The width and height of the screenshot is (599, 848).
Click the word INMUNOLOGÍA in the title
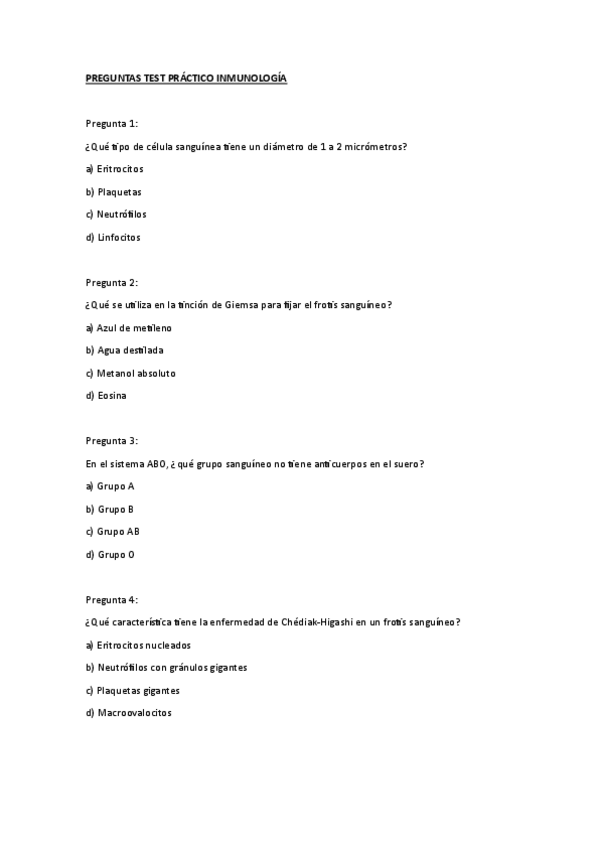pyautogui.click(x=251, y=77)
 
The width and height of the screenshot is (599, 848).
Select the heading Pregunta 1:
pyautogui.click(x=111, y=123)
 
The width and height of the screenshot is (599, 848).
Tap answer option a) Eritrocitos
pyautogui.click(x=115, y=169)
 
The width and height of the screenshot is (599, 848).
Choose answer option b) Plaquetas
pyautogui.click(x=114, y=192)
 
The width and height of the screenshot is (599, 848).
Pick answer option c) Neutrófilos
pyautogui.click(x=118, y=215)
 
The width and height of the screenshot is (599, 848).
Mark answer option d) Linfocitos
pyautogui.click(x=113, y=238)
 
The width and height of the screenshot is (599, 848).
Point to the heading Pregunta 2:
pyautogui.click(x=111, y=282)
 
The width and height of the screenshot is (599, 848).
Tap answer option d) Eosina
pyautogui.click(x=107, y=396)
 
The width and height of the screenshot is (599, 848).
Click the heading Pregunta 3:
pyautogui.click(x=111, y=440)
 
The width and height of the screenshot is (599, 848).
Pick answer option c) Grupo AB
pyautogui.click(x=112, y=531)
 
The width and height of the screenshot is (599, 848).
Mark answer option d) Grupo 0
pyautogui.click(x=110, y=554)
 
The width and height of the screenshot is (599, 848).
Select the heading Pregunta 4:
pyautogui.click(x=111, y=599)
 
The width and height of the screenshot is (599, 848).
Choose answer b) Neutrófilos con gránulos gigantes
pyautogui.click(x=166, y=667)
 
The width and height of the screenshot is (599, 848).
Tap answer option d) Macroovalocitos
pyautogui.click(x=128, y=713)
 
